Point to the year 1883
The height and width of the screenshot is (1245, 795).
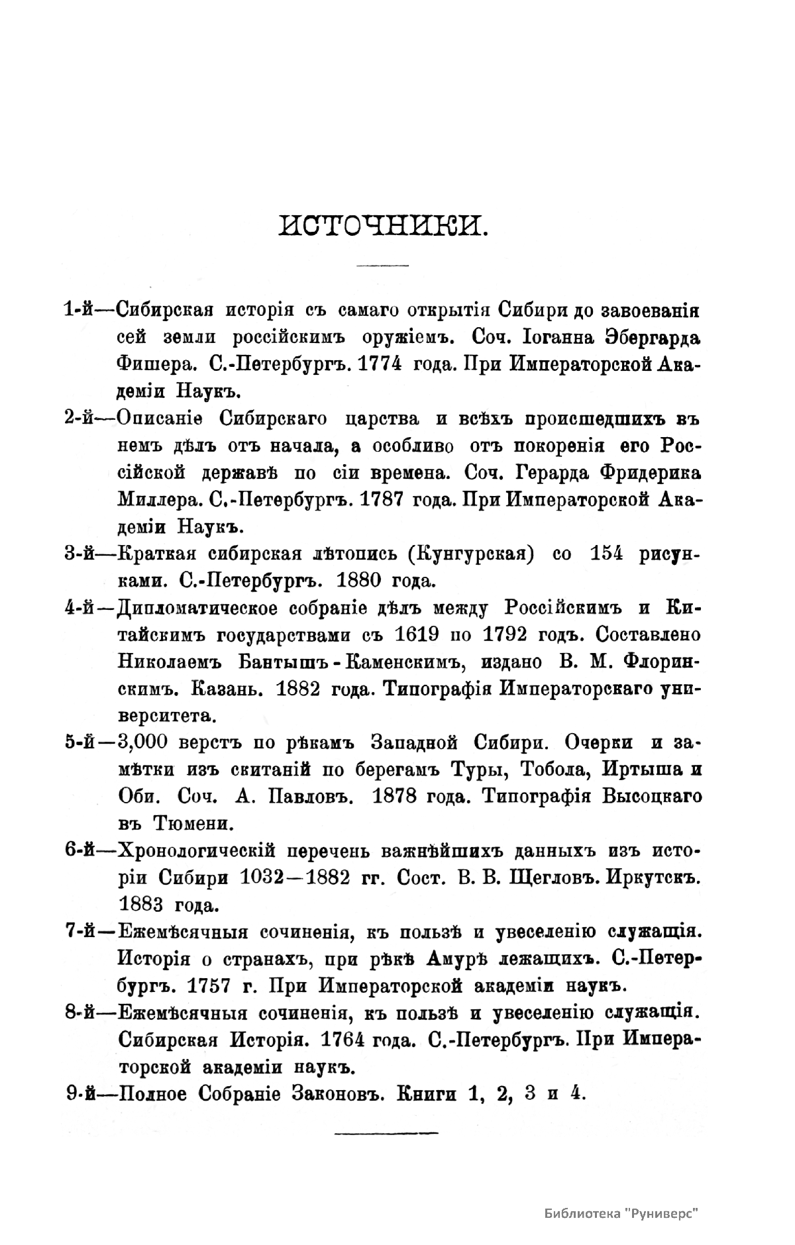[x=142, y=905]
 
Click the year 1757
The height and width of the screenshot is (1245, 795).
[x=209, y=986]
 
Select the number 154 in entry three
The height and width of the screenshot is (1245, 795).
[x=603, y=554]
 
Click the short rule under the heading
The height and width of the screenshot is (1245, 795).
[x=383, y=266]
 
